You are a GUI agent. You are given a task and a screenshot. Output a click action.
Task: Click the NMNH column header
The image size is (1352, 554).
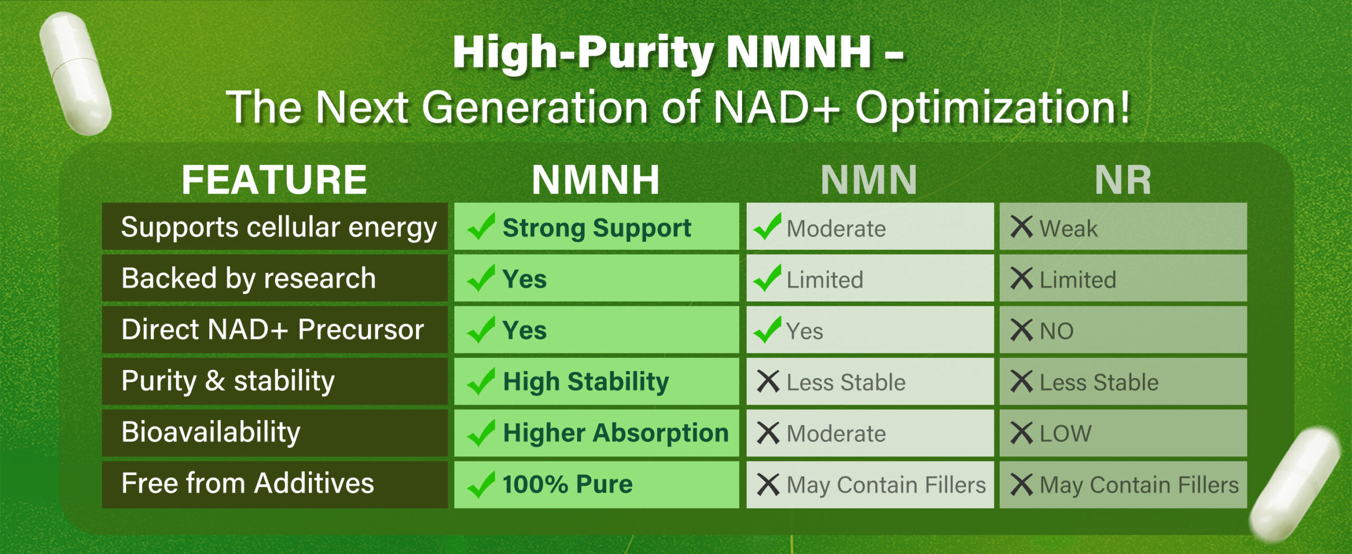pyautogui.click(x=596, y=180)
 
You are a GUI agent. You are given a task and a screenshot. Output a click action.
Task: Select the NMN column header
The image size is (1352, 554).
pyautogui.click(x=869, y=180)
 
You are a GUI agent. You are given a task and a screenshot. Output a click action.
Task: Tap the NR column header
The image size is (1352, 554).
pyautogui.click(x=1123, y=180)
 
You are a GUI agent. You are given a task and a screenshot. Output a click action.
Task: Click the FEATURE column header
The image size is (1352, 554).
pyautogui.click(x=274, y=180)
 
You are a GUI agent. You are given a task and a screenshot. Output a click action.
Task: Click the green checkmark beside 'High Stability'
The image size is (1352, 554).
pyautogui.click(x=481, y=381)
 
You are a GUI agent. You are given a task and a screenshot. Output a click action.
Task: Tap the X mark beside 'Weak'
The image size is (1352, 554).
pyautogui.click(x=1021, y=227)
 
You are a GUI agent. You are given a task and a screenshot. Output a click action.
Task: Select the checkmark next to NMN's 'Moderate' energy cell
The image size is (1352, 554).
pyautogui.click(x=767, y=227)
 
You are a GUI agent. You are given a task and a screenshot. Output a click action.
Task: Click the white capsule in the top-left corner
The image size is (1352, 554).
pyautogui.click(x=76, y=73)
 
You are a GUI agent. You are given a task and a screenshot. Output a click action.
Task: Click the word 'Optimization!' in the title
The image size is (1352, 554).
pyautogui.click(x=993, y=107)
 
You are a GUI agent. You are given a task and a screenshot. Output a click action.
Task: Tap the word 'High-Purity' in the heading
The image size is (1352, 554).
pyautogui.click(x=583, y=52)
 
